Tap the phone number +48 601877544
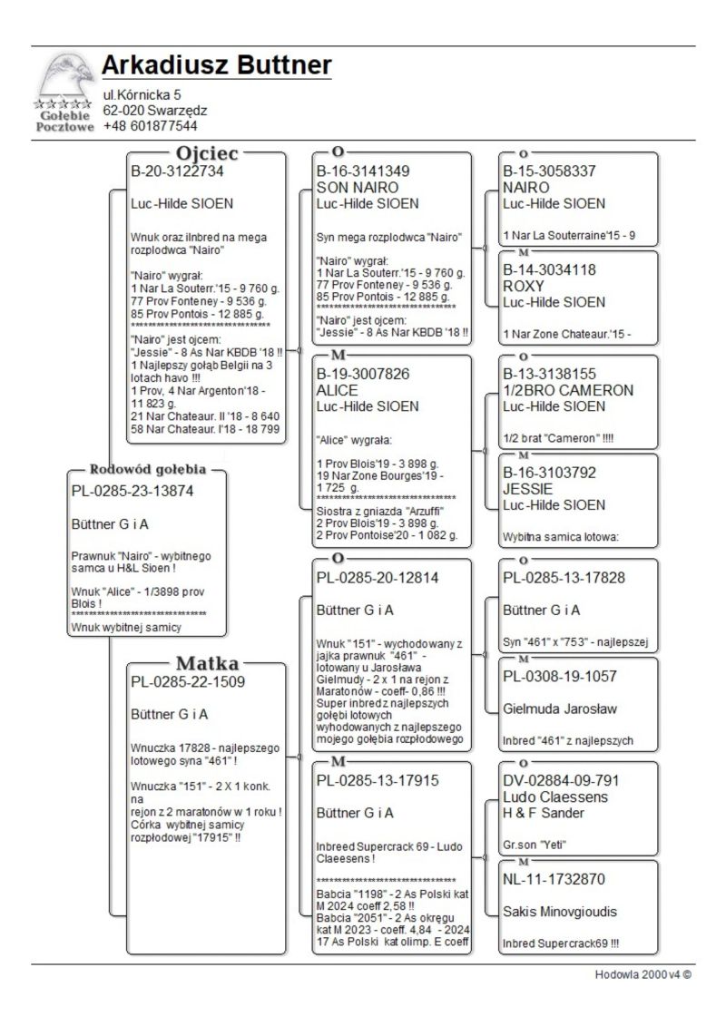pos(150,125)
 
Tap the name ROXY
pos(525,285)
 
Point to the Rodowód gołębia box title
pos(146,470)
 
